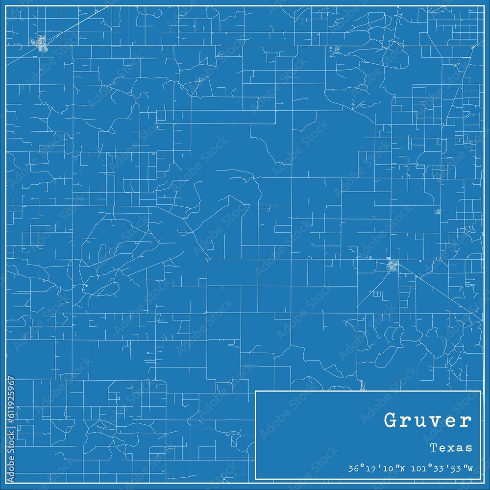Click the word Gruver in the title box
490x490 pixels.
[x=428, y=421]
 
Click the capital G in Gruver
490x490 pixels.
[x=391, y=421]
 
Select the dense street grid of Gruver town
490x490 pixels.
[x=392, y=266]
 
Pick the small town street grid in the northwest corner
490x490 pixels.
[x=39, y=43]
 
